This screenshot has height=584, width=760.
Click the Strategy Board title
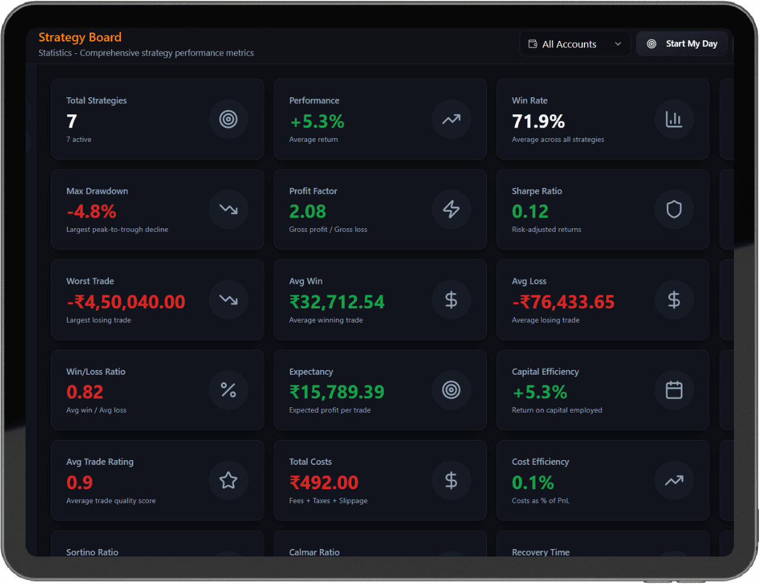click(x=80, y=37)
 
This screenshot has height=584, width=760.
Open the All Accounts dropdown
click(x=575, y=44)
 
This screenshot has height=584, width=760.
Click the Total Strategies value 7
click(x=72, y=121)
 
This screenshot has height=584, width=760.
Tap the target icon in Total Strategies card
click(x=228, y=119)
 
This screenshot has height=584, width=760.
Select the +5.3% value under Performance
click(x=317, y=122)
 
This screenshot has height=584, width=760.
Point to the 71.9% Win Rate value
click(x=538, y=122)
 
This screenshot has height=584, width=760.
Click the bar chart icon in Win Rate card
click(x=674, y=119)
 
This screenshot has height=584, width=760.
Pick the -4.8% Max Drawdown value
click(x=91, y=212)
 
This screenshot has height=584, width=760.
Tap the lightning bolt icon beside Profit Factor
click(x=451, y=209)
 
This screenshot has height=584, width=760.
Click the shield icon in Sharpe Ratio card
click(x=674, y=209)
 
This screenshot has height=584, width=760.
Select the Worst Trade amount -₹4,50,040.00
click(x=126, y=302)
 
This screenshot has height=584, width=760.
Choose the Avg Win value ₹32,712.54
click(x=336, y=302)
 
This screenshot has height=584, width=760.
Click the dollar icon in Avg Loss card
click(x=674, y=300)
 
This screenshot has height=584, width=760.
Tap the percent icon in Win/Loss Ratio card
click(x=228, y=390)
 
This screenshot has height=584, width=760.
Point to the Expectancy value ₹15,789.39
click(x=336, y=392)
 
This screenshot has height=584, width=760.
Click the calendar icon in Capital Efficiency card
click(x=674, y=390)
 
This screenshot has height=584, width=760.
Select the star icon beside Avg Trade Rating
click(x=228, y=480)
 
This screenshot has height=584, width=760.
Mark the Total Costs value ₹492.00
click(x=323, y=483)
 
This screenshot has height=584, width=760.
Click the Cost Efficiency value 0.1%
click(x=533, y=483)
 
